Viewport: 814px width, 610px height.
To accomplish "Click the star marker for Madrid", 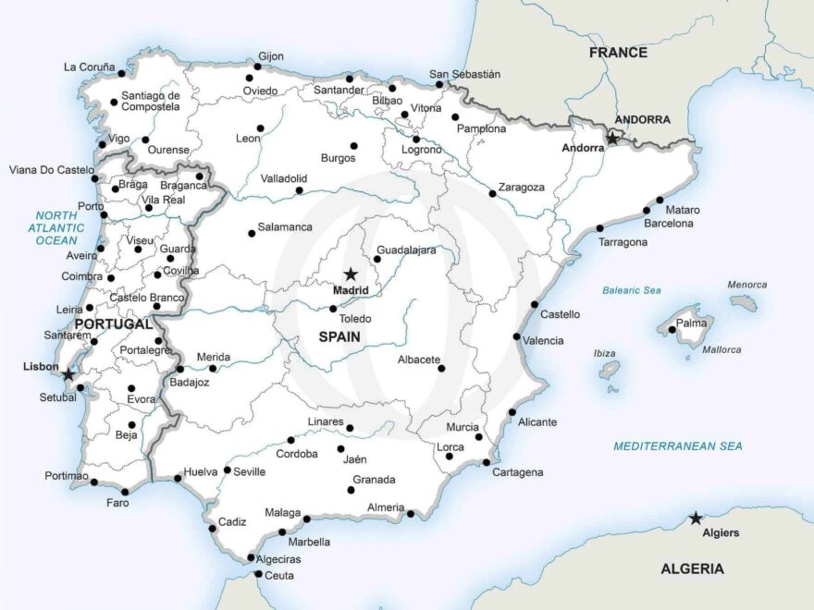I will point(351,274).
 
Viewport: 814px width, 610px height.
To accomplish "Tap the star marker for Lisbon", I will point(68,375).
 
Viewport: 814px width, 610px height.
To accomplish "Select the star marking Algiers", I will point(696,518).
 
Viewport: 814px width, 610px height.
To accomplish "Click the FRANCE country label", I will point(618,53).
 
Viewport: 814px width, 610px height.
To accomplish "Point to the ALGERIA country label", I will point(692,569).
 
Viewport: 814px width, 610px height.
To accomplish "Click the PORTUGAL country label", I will point(113,324).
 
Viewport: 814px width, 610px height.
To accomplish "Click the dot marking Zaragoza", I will point(492,194).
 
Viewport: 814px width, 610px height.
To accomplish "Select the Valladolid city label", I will point(283,178).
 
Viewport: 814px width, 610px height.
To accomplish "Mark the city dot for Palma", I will point(671,329).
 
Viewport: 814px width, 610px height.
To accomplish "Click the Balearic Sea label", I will point(632,290).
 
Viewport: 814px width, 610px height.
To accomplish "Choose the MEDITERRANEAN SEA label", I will point(677,446).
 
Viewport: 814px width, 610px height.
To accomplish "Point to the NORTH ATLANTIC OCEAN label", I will point(57,227).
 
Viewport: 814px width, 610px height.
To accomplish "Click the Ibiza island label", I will point(604,353).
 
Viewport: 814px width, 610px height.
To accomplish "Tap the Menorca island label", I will point(746,285).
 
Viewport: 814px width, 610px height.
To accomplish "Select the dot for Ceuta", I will point(258,575).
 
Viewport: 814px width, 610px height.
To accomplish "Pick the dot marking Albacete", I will point(441,369).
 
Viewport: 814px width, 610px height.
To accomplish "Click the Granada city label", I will point(374,480).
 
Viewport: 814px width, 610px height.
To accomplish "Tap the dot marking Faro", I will point(125,492).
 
